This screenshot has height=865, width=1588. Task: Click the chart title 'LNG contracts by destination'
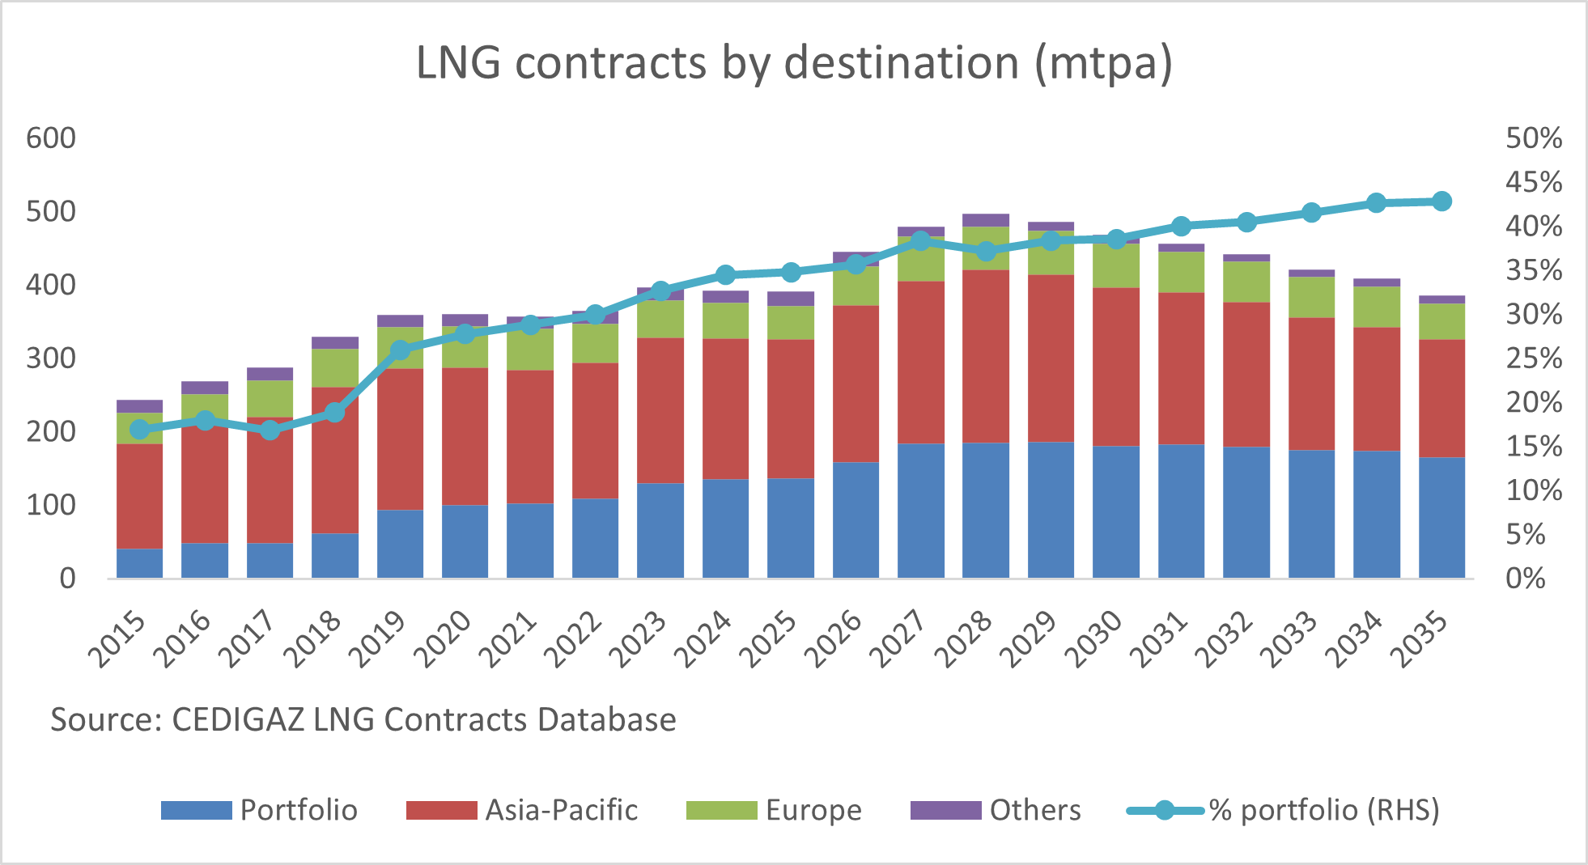(793, 63)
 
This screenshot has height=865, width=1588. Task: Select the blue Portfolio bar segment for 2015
(139, 563)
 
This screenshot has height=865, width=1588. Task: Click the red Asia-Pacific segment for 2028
(986, 356)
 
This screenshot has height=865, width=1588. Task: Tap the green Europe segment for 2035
(1442, 321)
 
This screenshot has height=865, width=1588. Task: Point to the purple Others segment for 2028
(986, 220)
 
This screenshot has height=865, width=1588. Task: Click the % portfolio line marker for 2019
(400, 350)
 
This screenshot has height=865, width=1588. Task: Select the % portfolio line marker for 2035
(1442, 201)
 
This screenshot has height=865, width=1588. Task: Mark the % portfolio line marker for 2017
(270, 430)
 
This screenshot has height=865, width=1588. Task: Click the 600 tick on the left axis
(51, 138)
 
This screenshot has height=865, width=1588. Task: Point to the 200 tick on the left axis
(51, 432)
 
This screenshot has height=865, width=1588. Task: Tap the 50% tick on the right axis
(1534, 138)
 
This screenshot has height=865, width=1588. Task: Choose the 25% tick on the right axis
(1534, 358)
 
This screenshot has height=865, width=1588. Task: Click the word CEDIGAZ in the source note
(238, 719)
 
